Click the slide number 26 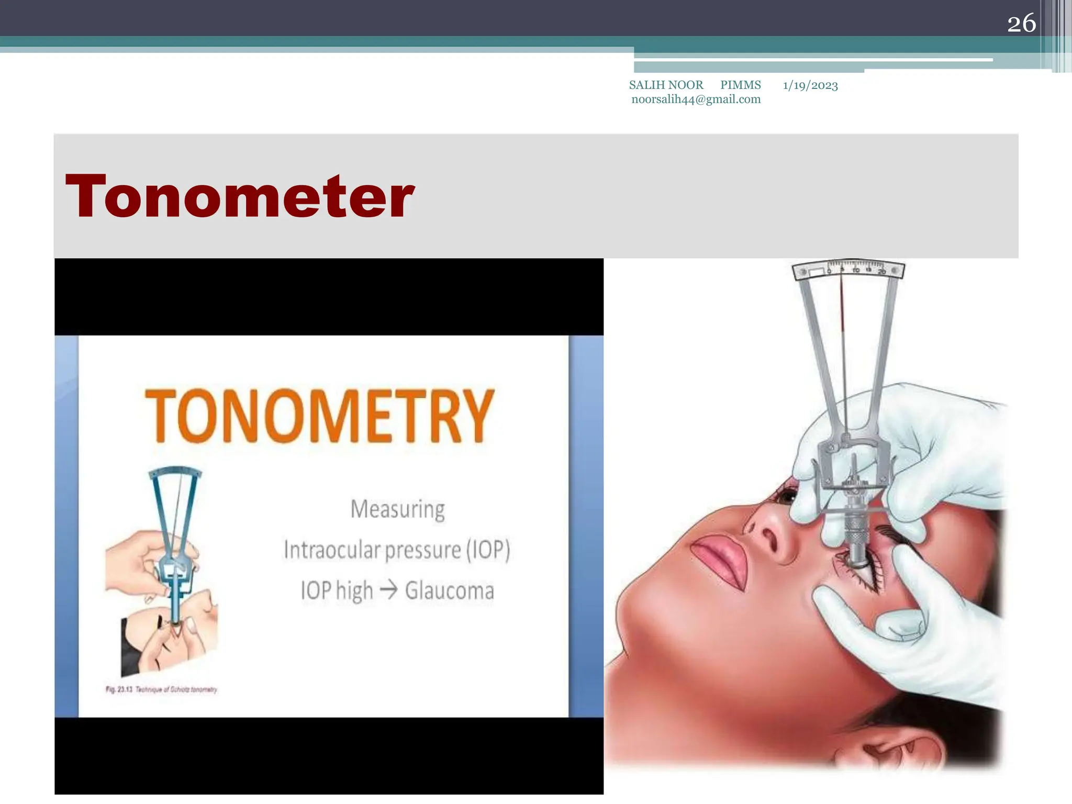1021,24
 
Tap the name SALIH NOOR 666,85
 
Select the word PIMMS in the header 740,85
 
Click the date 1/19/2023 810,85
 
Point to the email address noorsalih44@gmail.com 696,99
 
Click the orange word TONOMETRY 319,416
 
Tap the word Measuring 398,509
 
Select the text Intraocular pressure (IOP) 397,550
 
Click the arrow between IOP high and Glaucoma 389,590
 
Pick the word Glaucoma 449,590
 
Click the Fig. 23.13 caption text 161,689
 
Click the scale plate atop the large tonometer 848,270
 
